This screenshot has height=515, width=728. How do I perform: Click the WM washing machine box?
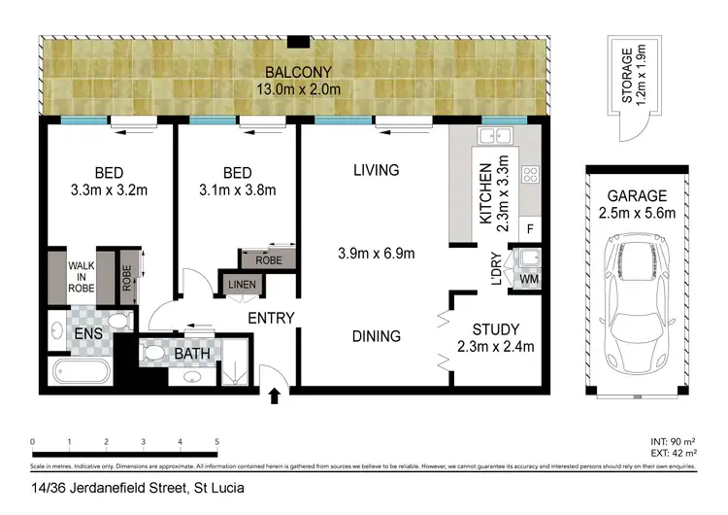[529, 281]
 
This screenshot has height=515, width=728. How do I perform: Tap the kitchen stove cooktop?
[531, 176]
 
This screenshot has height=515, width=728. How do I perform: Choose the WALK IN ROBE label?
[81, 275]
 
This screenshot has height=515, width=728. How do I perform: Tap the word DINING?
[377, 336]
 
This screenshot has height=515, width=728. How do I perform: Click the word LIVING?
[376, 170]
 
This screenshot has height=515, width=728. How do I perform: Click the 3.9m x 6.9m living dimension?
[377, 255]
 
